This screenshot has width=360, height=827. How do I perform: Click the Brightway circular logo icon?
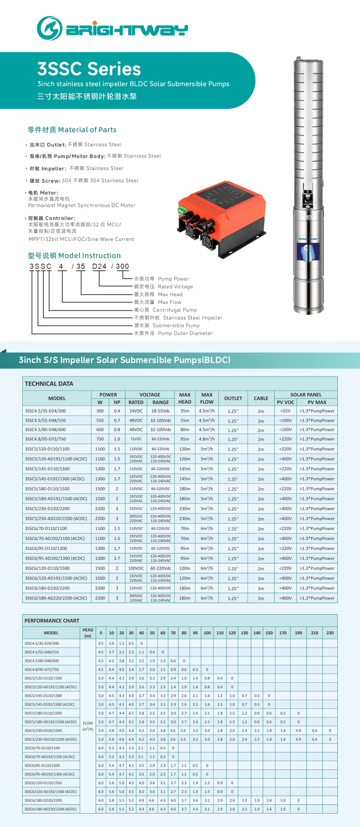pyautogui.click(x=50, y=29)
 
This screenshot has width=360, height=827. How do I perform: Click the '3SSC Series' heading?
pyautogui.click(x=89, y=69)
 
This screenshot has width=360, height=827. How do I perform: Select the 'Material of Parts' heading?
pyautogui.click(x=72, y=130)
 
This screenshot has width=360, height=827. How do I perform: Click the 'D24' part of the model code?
pyautogui.click(x=99, y=266)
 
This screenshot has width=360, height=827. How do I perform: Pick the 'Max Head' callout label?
pyautogui.click(x=170, y=294)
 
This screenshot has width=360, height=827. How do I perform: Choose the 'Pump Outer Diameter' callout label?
pyautogui.click(x=185, y=333)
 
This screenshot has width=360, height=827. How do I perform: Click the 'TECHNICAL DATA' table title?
pyautogui.click(x=49, y=384)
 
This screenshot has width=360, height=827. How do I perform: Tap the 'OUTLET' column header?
pyautogui.click(x=233, y=398)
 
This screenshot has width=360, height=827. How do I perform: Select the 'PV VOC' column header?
pyautogui.click(x=285, y=402)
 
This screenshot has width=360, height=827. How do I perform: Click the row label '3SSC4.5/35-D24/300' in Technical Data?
pyautogui.click(x=45, y=411)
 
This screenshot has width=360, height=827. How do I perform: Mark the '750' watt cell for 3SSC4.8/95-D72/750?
pyautogui.click(x=100, y=439)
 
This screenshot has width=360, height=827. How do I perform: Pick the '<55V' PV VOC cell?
pyautogui.click(x=285, y=411)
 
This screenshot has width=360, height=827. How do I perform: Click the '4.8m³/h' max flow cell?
pyautogui.click(x=207, y=439)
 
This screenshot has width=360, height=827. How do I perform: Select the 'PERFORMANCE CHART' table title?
pyautogui.click(x=52, y=621)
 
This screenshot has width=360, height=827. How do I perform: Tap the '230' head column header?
pyautogui.click(x=330, y=633)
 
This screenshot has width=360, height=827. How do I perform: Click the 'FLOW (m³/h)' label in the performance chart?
pyautogui.click(x=88, y=726)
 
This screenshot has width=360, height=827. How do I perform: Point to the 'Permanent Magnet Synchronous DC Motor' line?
pyautogui.click(x=81, y=205)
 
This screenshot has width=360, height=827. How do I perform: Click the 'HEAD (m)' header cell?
pyautogui.click(x=88, y=632)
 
